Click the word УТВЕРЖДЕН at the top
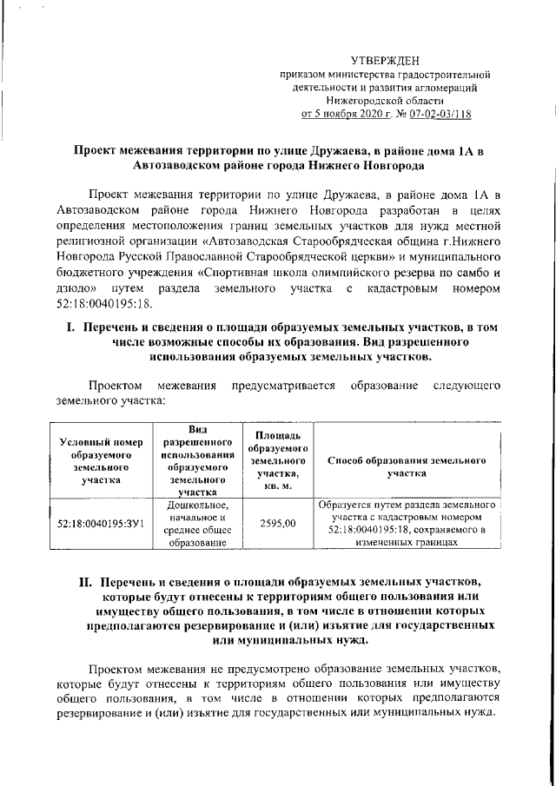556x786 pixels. click(384, 60)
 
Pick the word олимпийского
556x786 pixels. click(319, 269)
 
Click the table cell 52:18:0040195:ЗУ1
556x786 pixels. click(100, 524)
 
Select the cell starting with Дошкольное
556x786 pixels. click(199, 524)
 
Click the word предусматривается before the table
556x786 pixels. click(281, 385)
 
